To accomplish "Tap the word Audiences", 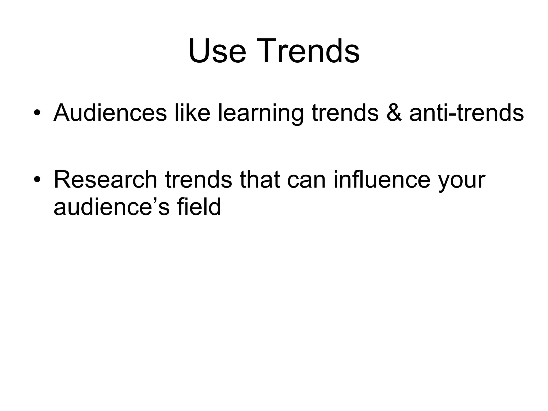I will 110,113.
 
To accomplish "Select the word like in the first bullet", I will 192,113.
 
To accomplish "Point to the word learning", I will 261,114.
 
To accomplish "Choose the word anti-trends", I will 466,113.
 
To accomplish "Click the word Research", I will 105,180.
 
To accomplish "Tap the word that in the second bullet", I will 259,180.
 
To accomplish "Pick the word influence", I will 382,180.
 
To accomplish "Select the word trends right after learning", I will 345,113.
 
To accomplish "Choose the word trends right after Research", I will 199,180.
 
